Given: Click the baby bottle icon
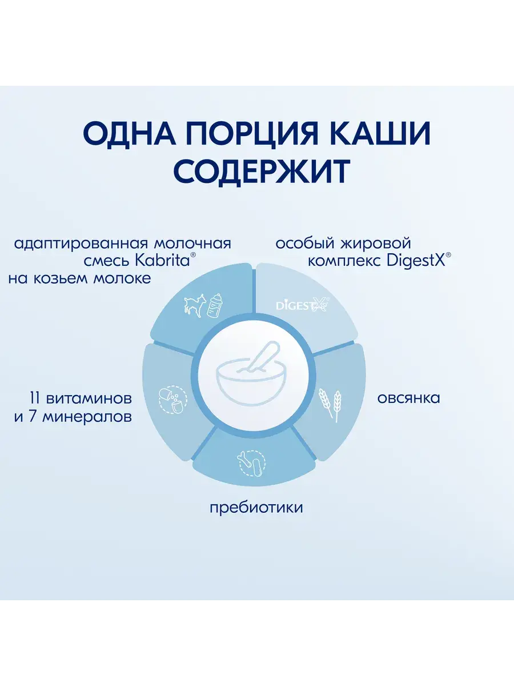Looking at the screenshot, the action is point(215,306).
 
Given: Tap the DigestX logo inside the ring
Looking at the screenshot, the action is point(303,304).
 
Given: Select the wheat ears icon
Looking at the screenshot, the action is point(330,405).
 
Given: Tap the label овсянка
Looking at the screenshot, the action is point(408,398).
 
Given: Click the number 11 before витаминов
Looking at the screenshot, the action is point(35,398).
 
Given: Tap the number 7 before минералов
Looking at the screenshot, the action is point(33,417).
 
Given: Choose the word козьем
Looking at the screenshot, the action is point(61,279).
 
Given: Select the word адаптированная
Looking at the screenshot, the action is point(81,244).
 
